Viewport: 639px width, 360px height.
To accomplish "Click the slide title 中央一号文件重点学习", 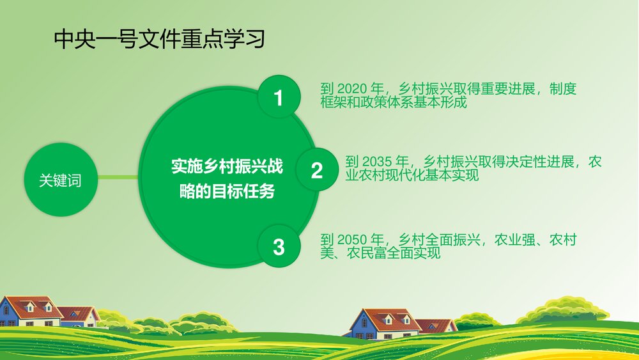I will click(x=159, y=40).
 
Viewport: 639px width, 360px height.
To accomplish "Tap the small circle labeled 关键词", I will click(x=61, y=181).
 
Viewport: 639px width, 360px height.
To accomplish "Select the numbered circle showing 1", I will click(x=278, y=98).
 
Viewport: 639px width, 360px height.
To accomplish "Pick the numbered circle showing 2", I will click(x=317, y=171).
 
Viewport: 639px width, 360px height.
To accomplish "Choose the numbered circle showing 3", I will click(x=278, y=246).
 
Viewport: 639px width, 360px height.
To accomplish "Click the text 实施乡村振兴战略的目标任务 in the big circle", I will click(x=227, y=179).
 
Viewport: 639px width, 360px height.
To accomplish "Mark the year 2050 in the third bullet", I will click(x=350, y=240).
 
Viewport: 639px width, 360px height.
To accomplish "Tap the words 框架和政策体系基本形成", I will click(x=394, y=102).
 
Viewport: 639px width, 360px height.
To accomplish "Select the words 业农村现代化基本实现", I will click(x=412, y=175).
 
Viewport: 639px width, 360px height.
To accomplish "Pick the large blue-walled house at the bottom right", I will click(x=382, y=323).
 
